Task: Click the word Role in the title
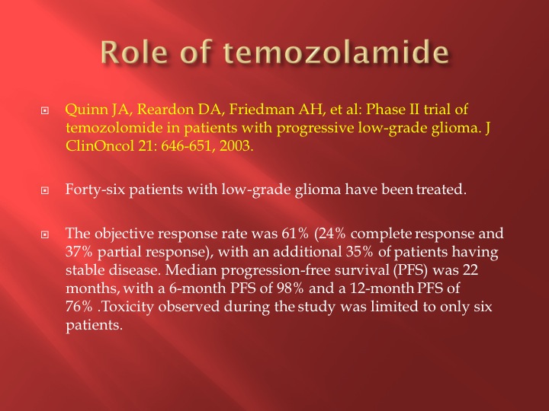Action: click(x=133, y=52)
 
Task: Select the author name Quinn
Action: click(x=87, y=110)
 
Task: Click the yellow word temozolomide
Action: click(x=114, y=128)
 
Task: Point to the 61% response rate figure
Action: click(x=295, y=234)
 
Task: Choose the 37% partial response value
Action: click(x=79, y=252)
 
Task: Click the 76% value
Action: click(x=79, y=307)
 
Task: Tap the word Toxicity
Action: click(x=128, y=307)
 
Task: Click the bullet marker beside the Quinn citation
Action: click(x=45, y=111)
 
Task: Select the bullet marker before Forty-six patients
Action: click(x=45, y=190)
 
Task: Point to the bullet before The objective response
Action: click(x=45, y=234)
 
